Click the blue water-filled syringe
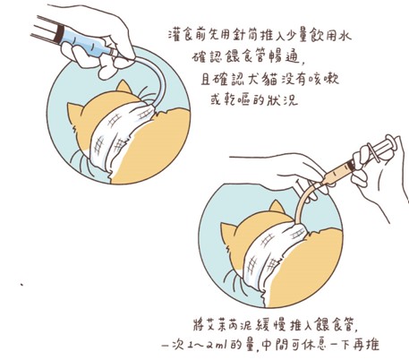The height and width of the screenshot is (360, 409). [74, 39]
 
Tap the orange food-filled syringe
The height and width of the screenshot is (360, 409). [358, 161]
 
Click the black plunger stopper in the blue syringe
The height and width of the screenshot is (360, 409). [59, 32]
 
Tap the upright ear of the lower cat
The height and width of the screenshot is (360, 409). [277, 207]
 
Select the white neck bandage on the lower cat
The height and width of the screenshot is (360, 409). [273, 257]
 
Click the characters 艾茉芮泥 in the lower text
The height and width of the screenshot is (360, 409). [230, 325]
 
